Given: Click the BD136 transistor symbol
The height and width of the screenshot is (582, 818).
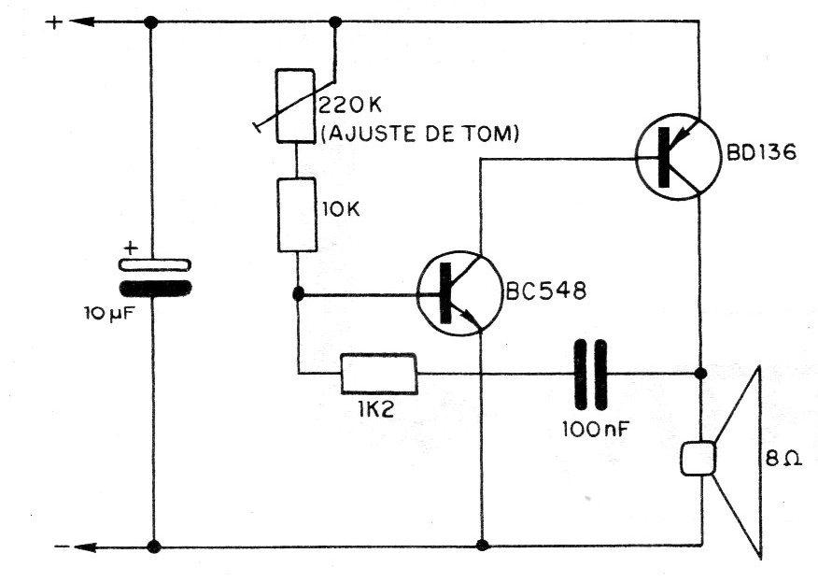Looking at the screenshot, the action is coord(679,157).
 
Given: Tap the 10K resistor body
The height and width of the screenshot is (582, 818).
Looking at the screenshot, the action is coord(297,215).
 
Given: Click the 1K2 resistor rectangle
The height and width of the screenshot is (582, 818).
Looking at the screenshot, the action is coord(379,374).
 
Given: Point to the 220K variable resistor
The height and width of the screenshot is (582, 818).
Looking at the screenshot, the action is coord(295,106).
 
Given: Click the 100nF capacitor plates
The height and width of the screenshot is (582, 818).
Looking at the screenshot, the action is coord(590,374).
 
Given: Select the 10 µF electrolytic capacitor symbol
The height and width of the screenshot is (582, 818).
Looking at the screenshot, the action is coord(155,277).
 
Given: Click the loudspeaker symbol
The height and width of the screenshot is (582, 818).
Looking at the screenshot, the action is coord(722,461).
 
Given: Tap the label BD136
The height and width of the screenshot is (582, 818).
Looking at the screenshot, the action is coord(762,153).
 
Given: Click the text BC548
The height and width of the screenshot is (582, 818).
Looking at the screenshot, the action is coord(546,291).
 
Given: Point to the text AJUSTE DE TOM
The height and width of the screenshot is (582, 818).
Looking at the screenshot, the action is coord(420,135).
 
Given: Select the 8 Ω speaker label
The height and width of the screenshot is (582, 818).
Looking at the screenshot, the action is coord(783,459).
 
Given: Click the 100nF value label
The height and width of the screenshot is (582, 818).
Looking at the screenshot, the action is coord(595,430).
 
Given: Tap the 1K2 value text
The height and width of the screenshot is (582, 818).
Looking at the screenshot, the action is coord(376,409).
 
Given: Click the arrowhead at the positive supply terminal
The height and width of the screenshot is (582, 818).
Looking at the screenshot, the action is coord(82,21).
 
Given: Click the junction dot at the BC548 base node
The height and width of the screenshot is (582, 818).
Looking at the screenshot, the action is coord(298,294).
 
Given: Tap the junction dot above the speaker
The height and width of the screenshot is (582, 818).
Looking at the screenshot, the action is coord(701,374).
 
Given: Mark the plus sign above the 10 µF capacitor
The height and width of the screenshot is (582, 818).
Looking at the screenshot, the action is coord(131,248).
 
